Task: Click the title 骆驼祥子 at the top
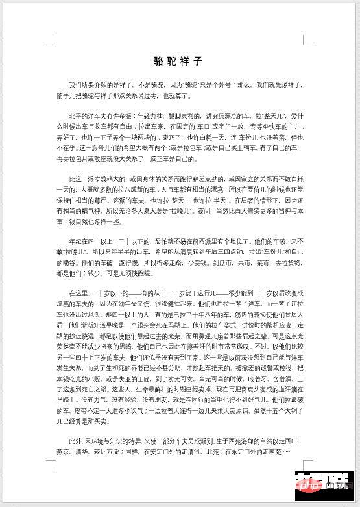(x=178, y=62)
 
